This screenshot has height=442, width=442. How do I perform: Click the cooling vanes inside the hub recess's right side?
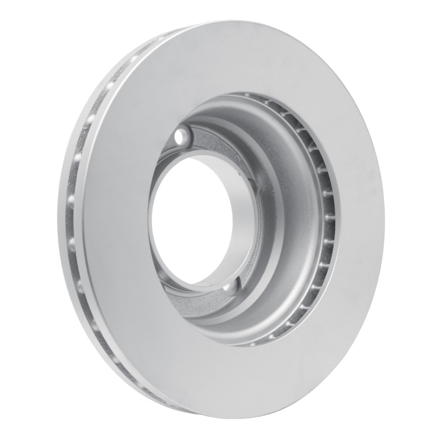pos(323,210)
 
